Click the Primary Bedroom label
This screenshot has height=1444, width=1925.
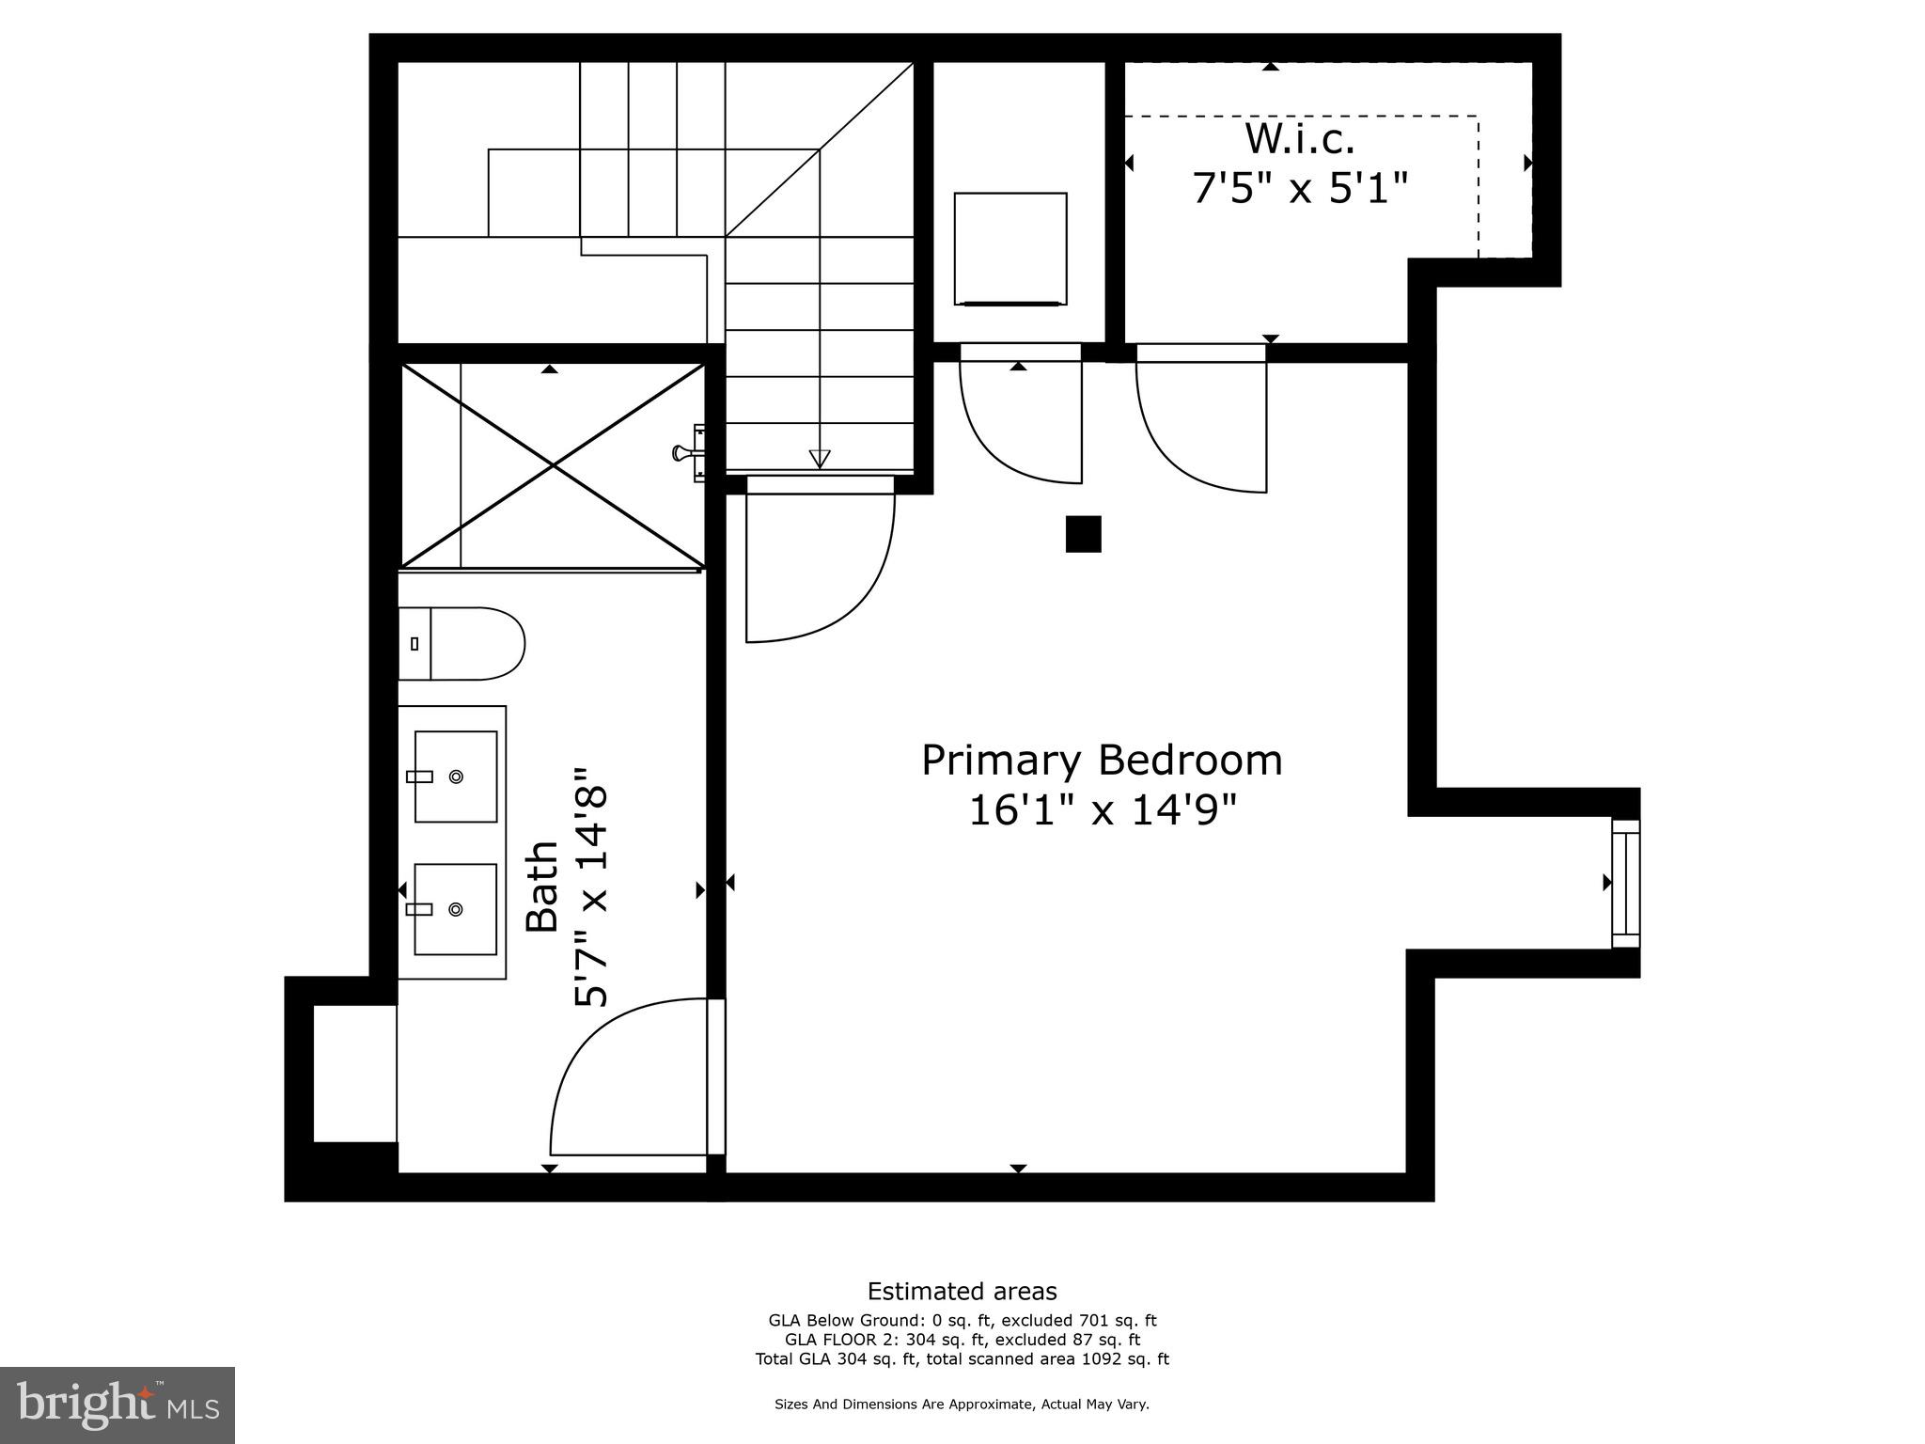pyautogui.click(x=1102, y=761)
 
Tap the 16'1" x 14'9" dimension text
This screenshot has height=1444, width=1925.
pyautogui.click(x=1102, y=810)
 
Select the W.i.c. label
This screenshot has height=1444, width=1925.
pyautogui.click(x=1300, y=140)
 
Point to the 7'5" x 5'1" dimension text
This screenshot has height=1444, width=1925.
pyautogui.click(x=1300, y=188)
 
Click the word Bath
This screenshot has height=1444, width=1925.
pyautogui.click(x=542, y=887)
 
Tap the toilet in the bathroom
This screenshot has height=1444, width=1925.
pyautogui.click(x=462, y=644)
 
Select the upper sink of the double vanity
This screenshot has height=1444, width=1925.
pyautogui.click(x=456, y=777)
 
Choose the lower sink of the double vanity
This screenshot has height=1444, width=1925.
pyautogui.click(x=456, y=909)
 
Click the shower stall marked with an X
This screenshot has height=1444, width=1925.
pyautogui.click(x=553, y=465)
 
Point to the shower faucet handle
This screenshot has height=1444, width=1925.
pyautogui.click(x=682, y=453)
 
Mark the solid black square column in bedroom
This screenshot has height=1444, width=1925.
pyautogui.click(x=1083, y=534)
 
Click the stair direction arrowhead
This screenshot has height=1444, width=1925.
pyautogui.click(x=820, y=459)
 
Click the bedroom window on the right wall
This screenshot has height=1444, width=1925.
pyautogui.click(x=1625, y=883)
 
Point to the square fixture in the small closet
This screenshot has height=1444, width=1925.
pyautogui.click(x=1010, y=249)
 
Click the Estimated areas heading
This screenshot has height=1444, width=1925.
pyautogui.click(x=962, y=1291)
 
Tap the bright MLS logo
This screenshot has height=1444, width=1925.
pyautogui.click(x=117, y=1405)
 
